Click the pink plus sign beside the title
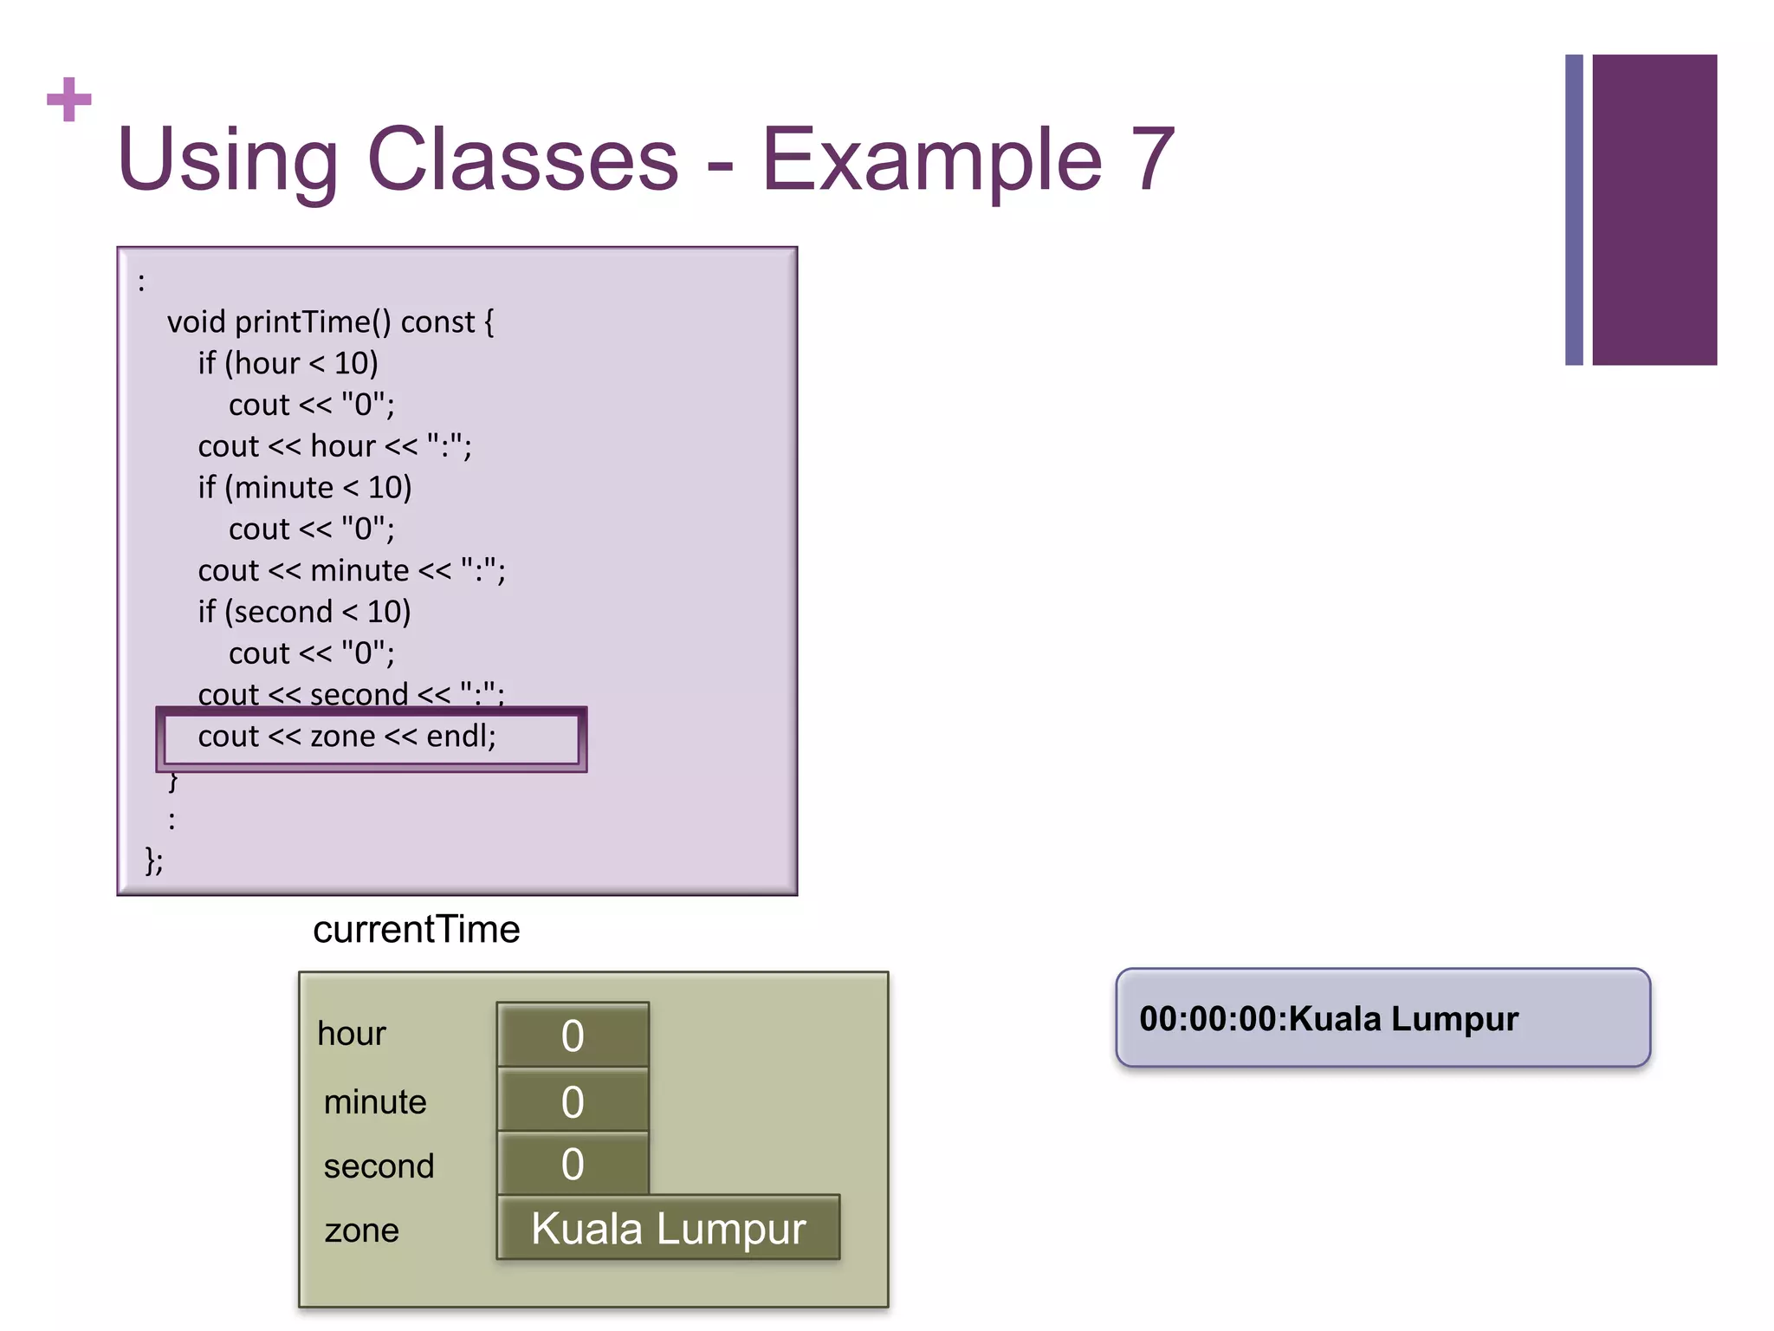(69, 100)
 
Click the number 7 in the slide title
(1151, 159)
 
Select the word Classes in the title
(522, 159)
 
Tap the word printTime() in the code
(313, 322)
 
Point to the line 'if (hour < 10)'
(288, 363)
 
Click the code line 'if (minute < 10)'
(304, 488)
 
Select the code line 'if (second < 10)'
(304, 612)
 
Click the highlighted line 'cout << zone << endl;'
(346, 737)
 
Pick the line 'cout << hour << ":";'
(334, 446)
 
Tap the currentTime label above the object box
(416, 930)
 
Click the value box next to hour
(573, 1035)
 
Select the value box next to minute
(573, 1101)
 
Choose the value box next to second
(573, 1164)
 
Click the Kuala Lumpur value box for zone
(668, 1228)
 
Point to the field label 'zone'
(361, 1230)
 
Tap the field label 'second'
(379, 1166)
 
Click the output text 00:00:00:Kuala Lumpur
(1329, 1019)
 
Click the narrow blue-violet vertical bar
(1574, 210)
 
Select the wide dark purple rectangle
(1654, 210)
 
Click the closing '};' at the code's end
(154, 860)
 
